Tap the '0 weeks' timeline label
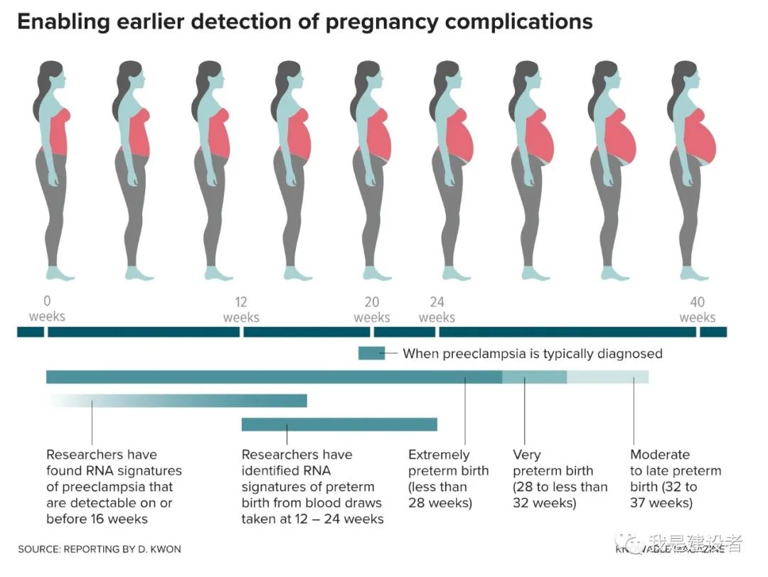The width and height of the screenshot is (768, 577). point(47,308)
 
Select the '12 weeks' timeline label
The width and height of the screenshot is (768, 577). point(241,309)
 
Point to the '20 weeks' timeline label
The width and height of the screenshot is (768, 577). point(372,309)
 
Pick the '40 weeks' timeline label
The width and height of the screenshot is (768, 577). point(697,309)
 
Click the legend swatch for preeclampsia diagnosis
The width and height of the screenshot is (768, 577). point(371,353)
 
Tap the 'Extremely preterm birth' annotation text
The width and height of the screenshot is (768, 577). point(448,479)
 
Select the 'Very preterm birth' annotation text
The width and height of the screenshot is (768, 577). point(560,479)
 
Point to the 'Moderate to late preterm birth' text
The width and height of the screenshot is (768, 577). point(675,479)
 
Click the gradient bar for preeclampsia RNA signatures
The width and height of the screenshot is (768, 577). point(213,401)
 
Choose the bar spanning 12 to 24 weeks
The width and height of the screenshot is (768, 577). point(339,424)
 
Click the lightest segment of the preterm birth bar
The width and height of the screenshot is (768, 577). point(607,377)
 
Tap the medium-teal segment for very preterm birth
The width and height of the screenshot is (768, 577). point(534,377)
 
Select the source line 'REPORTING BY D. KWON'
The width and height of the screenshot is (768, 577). point(100,549)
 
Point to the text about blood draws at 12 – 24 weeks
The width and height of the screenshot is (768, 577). point(312,487)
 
